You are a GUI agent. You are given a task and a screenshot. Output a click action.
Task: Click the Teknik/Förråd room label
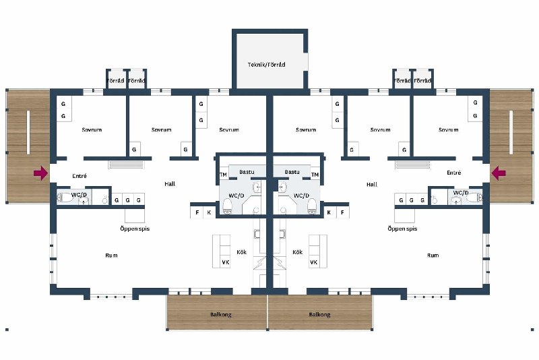coord(266,65)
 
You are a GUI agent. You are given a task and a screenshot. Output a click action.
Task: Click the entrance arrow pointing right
coord(40,173)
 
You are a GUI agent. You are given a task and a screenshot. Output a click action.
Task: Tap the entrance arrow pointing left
coord(499,173)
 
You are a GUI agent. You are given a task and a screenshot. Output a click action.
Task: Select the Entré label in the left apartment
coord(80,176)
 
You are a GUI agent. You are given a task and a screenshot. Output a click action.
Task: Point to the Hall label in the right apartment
coord(372,185)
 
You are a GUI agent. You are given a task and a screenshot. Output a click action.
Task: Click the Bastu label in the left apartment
coord(247,172)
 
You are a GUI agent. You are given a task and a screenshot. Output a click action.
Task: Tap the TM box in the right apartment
coord(315,175)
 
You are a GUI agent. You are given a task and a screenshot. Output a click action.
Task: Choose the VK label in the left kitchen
coord(226,262)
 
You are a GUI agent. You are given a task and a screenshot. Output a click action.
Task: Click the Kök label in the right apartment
coord(297,252)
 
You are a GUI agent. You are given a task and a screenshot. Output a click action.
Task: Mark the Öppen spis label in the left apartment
coord(135,229)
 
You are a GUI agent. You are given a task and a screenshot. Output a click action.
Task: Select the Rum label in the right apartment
coord(433,256)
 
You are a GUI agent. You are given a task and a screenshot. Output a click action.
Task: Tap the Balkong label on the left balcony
coord(221,315)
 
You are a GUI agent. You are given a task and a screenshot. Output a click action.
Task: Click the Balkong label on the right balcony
coord(319,315)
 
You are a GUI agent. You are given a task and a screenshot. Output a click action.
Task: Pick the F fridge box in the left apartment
coord(197,212)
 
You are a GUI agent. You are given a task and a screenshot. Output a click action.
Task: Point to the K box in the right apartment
coord(329,212)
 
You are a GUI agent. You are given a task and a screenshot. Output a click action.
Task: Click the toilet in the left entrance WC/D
coord(64,198)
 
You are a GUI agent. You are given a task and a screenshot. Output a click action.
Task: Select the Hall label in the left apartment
coord(170,184)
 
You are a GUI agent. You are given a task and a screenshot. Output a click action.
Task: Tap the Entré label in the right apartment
coord(453,173)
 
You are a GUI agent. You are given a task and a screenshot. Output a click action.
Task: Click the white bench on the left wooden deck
coord(28,132)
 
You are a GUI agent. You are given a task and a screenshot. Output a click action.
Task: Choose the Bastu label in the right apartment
coord(292,172)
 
